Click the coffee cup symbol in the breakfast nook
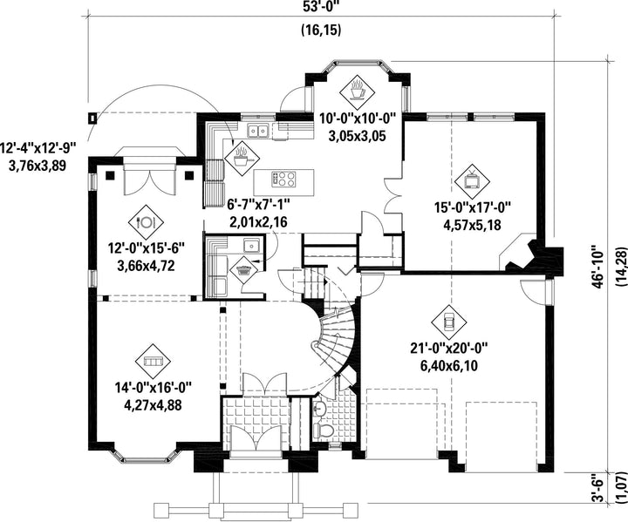[x=358, y=88]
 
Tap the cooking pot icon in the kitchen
[x=239, y=157]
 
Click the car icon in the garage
[x=448, y=322]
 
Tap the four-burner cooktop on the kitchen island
[x=284, y=179]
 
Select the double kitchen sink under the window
[x=258, y=132]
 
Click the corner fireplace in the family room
[x=524, y=252]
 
